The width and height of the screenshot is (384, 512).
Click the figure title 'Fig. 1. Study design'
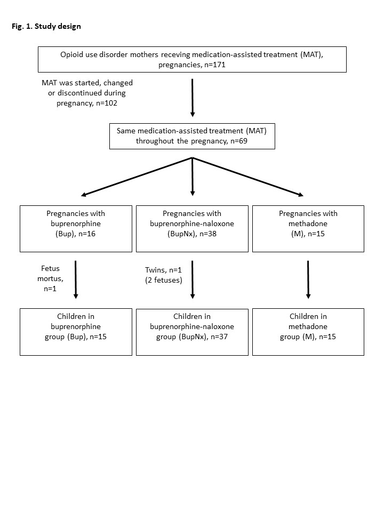pos(46,27)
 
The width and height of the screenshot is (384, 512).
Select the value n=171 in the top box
pos(215,65)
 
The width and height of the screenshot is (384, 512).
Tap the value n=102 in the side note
pos(107,103)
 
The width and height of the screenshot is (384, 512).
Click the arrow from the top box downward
pos(193,98)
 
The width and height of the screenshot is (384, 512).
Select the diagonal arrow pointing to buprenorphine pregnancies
pos(137,177)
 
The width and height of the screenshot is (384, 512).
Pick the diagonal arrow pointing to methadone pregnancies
pos(248,177)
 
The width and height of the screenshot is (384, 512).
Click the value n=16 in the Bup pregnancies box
pos(87,234)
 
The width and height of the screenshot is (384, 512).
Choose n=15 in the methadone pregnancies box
pos(316,234)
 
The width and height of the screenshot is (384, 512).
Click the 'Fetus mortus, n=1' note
pos(50,278)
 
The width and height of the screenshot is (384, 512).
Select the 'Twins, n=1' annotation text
pos(163,270)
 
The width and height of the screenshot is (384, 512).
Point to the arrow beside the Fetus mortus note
pos(76,279)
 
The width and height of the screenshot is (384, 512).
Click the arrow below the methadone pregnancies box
pos(308,279)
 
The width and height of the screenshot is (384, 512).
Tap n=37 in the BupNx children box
pos(219,337)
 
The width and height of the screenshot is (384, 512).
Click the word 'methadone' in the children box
pos(308,326)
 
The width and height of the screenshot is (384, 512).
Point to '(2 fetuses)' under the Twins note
pos(164,280)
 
